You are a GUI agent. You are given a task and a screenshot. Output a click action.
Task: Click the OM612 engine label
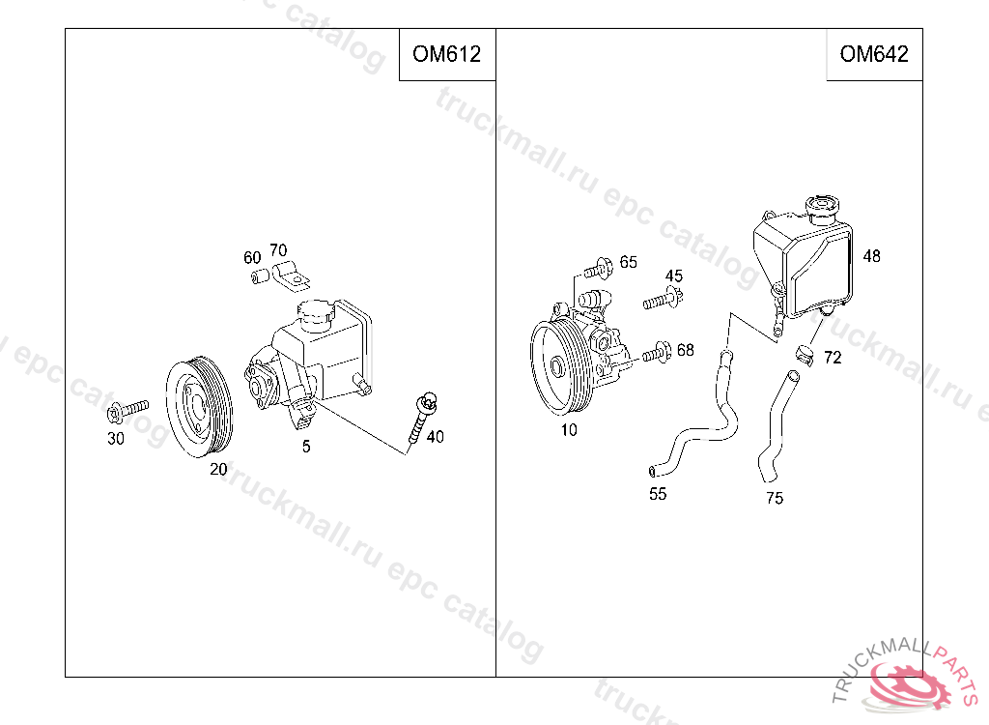click(x=446, y=54)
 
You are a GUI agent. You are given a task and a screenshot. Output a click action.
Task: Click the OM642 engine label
click(x=873, y=54)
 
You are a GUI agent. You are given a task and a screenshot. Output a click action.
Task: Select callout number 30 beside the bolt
click(x=116, y=438)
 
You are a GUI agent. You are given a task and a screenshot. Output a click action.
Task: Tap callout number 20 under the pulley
click(x=218, y=469)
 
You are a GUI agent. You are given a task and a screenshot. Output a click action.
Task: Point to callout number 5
click(x=306, y=447)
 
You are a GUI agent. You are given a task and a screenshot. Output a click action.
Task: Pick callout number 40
click(x=436, y=436)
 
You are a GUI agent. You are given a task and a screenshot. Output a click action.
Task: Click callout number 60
click(x=252, y=258)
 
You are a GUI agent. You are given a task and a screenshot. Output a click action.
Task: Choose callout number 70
click(x=278, y=250)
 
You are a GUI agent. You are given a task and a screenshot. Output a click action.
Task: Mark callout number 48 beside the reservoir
click(x=872, y=256)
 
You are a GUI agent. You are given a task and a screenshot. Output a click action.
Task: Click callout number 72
click(x=833, y=358)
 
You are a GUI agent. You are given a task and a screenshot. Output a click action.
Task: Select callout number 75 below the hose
click(x=775, y=498)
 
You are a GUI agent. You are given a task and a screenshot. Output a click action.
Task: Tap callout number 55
click(x=658, y=494)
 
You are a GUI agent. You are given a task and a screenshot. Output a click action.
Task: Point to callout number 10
click(x=569, y=430)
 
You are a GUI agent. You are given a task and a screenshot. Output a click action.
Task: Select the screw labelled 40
click(x=421, y=418)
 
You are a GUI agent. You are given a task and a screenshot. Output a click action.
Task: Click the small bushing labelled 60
click(x=260, y=275)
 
